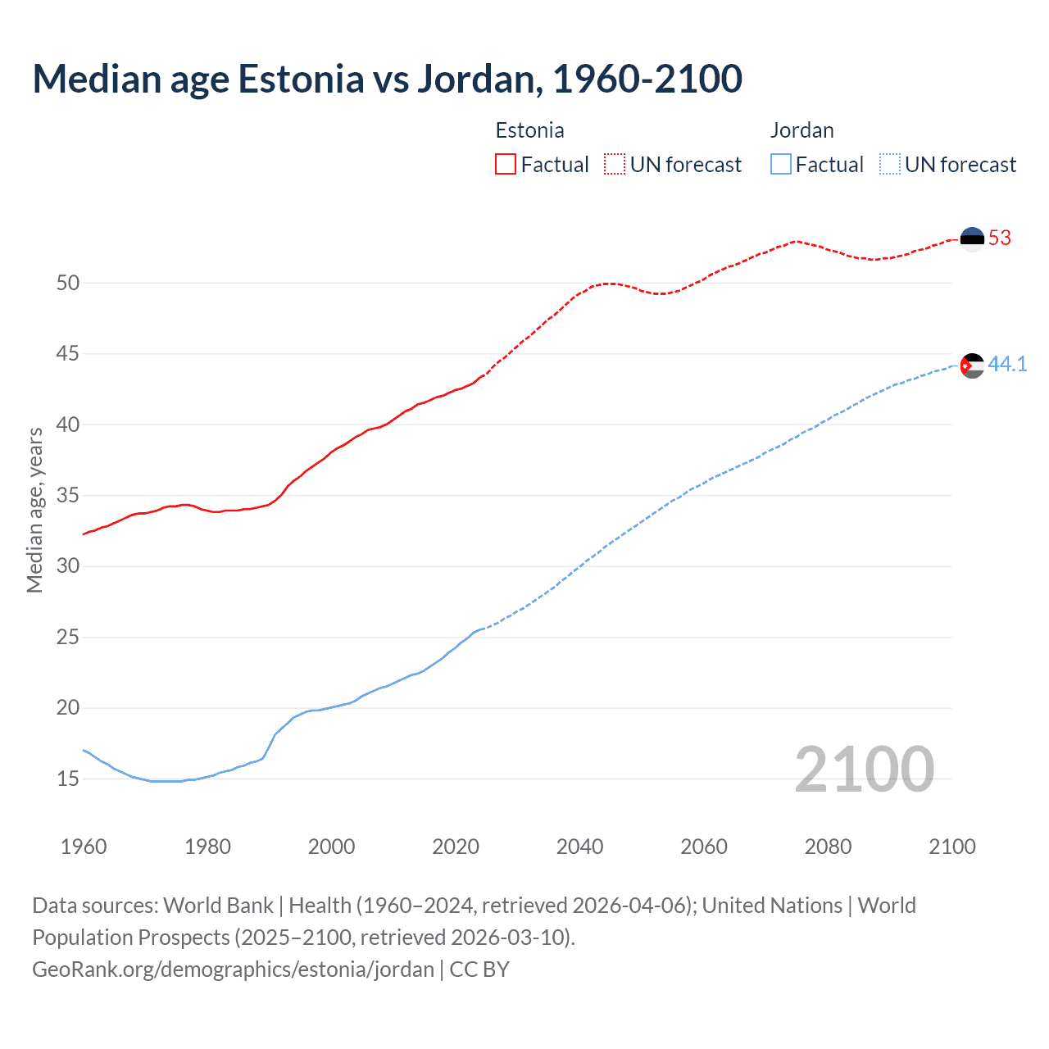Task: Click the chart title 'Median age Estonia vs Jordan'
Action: point(387,79)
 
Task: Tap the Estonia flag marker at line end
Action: point(972,238)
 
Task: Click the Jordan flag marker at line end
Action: point(972,366)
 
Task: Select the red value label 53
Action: point(1000,238)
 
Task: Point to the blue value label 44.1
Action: point(1007,364)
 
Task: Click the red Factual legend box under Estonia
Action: point(506,165)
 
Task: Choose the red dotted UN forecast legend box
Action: point(615,165)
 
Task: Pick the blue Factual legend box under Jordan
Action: point(781,165)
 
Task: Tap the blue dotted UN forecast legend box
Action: point(890,165)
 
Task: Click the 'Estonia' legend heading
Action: point(529,130)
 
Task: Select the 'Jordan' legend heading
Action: point(802,130)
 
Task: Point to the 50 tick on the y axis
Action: point(68,283)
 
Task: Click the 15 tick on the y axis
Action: point(68,779)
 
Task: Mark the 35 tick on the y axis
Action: point(68,496)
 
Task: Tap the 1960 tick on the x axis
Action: point(84,847)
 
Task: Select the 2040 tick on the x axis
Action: point(579,847)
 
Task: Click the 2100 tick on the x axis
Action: point(951,847)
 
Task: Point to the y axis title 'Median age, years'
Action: point(34,510)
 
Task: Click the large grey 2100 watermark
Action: point(864,769)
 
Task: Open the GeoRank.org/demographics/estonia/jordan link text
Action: point(233,970)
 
